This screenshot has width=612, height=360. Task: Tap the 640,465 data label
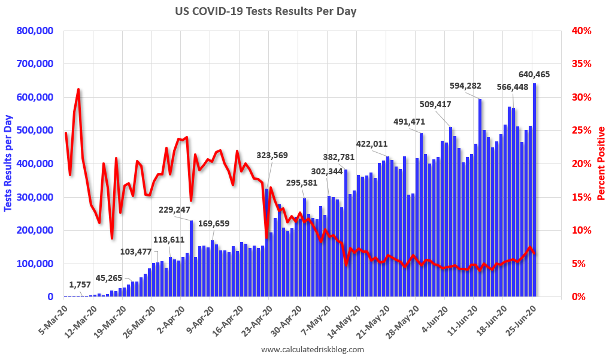click(534, 75)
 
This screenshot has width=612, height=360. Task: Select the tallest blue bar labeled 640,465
click(534, 192)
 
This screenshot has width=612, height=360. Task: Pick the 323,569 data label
click(272, 155)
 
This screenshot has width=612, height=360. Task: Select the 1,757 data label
click(80, 285)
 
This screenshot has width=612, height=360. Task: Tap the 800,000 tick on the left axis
click(35, 31)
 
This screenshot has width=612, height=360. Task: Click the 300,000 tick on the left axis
click(35, 197)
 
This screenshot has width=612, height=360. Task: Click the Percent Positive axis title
click(601, 163)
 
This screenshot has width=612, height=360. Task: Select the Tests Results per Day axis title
click(8, 163)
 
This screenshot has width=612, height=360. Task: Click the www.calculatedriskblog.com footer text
click(312, 349)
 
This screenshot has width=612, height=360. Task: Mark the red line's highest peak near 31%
click(78, 89)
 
